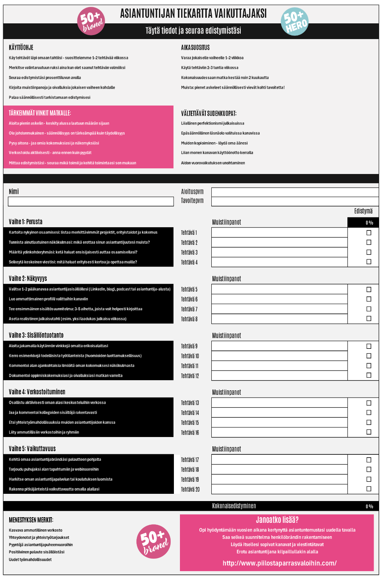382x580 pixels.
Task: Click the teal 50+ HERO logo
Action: click(x=295, y=22)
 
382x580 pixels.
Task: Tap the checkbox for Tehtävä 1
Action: click(x=369, y=233)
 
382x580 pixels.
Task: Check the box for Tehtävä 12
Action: click(x=369, y=375)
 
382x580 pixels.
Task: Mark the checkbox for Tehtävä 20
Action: click(x=369, y=489)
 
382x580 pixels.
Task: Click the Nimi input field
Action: click(x=91, y=201)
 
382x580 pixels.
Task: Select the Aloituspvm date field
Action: click(x=295, y=192)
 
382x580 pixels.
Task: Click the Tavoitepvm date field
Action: click(x=295, y=201)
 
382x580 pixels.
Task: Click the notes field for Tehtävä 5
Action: click(x=279, y=289)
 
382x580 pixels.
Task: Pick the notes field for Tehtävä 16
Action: click(x=279, y=432)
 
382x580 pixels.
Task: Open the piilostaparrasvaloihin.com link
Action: click(x=279, y=563)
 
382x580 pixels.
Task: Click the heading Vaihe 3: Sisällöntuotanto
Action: click(x=36, y=335)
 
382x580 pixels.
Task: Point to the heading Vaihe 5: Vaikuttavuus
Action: click(x=32, y=449)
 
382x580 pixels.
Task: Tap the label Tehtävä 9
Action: click(x=189, y=346)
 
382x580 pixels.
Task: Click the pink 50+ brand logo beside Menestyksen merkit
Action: click(x=153, y=541)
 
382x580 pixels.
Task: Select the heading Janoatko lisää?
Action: click(x=277, y=520)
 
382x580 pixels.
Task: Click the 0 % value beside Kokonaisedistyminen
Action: click(x=369, y=506)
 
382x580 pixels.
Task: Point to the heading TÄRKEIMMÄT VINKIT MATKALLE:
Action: click(x=40, y=113)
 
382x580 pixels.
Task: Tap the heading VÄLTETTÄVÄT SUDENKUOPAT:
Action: click(x=209, y=113)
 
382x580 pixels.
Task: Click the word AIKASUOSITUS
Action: click(x=195, y=48)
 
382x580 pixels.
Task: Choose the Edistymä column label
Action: click(x=363, y=211)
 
